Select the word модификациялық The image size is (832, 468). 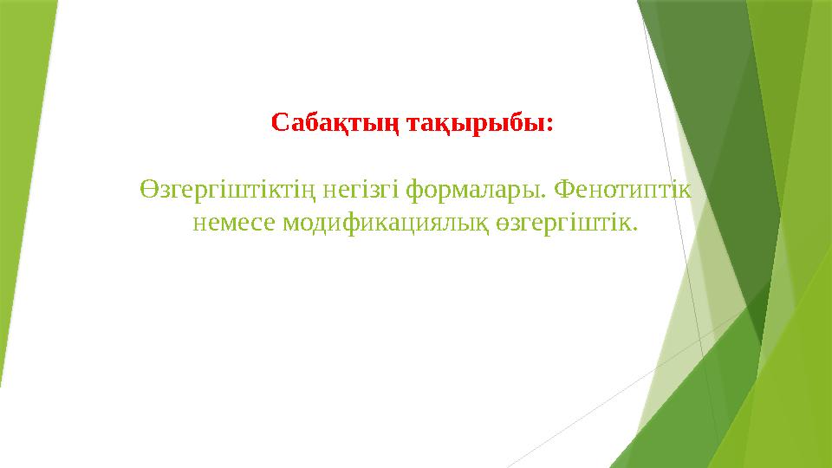point(387,223)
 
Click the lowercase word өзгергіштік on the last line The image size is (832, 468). point(565,223)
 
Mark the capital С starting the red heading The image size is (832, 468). point(279,122)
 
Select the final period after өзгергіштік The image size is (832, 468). point(635,229)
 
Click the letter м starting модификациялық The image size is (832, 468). point(290,224)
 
